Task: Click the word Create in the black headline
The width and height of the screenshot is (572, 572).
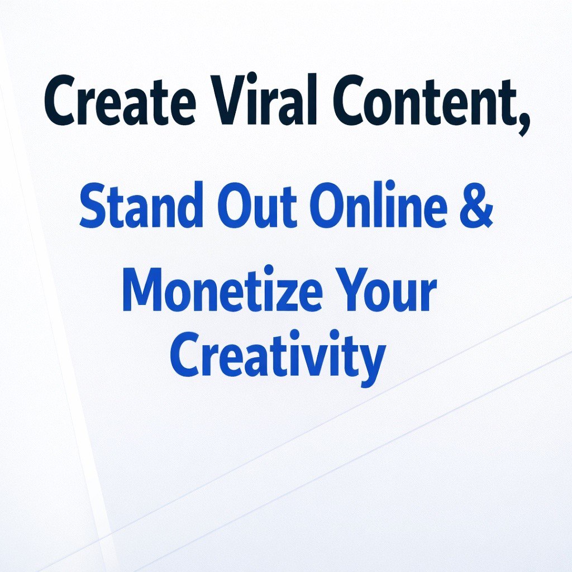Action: pyautogui.click(x=120, y=99)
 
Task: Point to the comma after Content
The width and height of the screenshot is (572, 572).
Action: pyautogui.click(x=523, y=124)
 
